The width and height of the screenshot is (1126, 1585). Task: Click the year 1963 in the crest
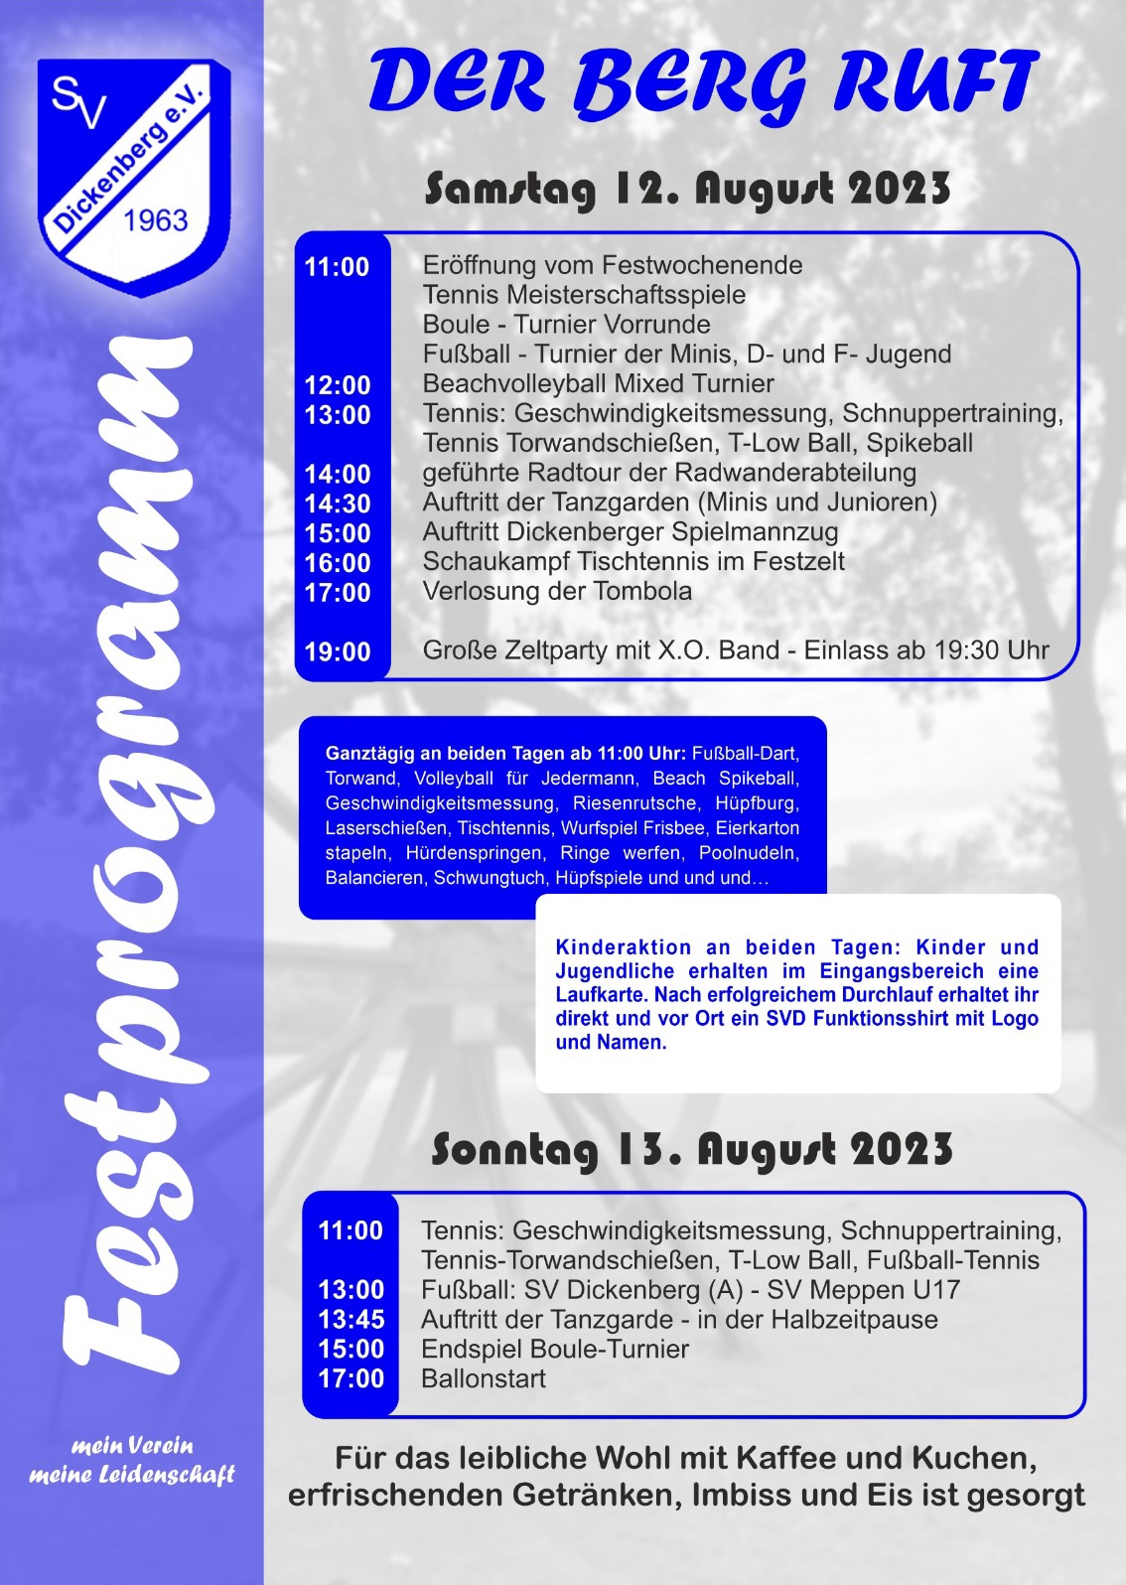coord(156,219)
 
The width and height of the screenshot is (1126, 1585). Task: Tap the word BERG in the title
coord(691,83)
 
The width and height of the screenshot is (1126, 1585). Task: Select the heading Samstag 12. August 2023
coord(687,189)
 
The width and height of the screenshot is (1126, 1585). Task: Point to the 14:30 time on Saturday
coord(338,504)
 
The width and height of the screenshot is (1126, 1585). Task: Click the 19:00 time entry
coord(338,652)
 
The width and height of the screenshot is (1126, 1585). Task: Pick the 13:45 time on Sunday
coord(351,1320)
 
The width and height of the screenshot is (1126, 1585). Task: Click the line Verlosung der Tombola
coord(557,591)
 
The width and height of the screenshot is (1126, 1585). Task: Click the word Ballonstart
coord(484,1378)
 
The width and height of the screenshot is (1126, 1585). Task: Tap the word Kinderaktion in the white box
coord(624,947)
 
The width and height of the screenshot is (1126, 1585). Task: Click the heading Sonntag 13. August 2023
coord(691,1150)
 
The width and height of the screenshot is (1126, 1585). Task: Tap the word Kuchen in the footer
coord(974,1458)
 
